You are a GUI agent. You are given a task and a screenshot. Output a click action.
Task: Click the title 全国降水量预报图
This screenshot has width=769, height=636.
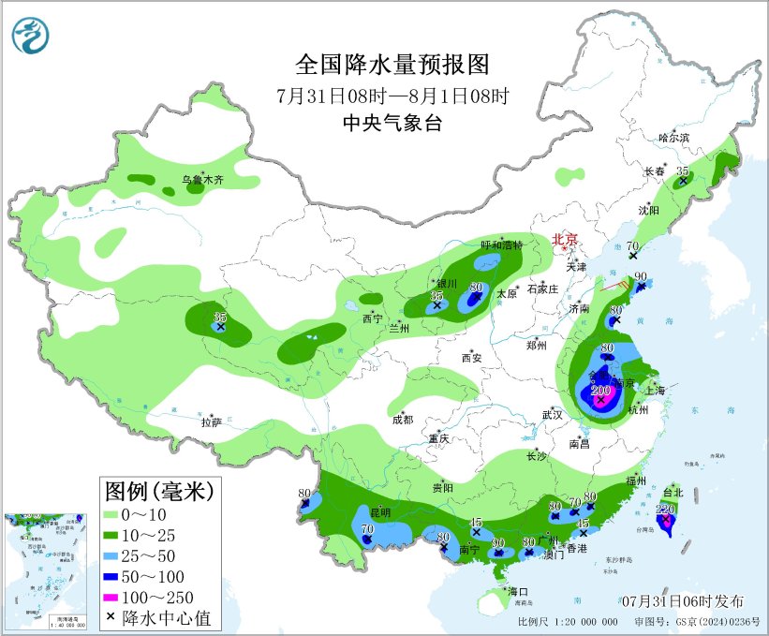coord(392,65)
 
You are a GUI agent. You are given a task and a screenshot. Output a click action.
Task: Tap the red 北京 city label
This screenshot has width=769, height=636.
coord(566,239)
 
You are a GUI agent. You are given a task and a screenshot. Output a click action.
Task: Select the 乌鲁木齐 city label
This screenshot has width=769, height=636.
coord(202,180)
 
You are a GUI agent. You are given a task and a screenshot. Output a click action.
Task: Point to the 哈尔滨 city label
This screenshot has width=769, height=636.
coord(673,137)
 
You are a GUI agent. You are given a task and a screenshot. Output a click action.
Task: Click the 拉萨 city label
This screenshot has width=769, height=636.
coord(211,422)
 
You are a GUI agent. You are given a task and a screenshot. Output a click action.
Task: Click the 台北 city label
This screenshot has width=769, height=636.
coord(673,492)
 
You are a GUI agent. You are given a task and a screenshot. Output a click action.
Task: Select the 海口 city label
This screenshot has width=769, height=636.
coord(519,592)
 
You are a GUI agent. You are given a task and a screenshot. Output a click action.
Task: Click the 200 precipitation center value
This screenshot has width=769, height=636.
coord(601,391)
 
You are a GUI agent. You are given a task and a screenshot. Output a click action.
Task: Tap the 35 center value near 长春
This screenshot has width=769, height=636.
coord(683,170)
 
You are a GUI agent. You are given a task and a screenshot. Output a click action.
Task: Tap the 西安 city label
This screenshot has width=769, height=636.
coord(470,358)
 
